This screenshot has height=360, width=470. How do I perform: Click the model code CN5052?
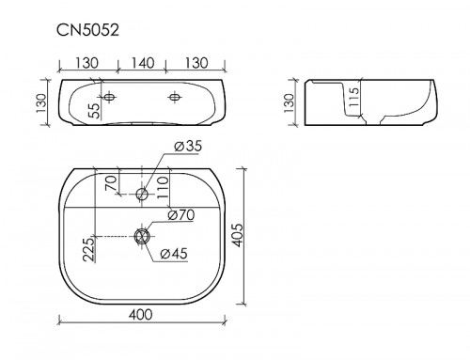(x=87, y=31)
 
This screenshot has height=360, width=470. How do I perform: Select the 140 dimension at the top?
(x=142, y=63)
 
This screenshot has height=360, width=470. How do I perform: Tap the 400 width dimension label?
(x=141, y=315)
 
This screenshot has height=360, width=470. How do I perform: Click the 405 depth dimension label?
(x=237, y=235)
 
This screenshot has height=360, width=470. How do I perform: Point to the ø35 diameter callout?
(x=188, y=147)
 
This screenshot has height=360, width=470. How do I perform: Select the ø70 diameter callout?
(x=181, y=215)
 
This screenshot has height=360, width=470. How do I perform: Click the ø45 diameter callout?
(x=174, y=254)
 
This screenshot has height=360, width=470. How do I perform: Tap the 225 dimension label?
(x=88, y=249)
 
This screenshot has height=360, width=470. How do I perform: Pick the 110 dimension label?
(x=163, y=188)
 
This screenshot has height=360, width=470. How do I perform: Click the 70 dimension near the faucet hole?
(x=111, y=183)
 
